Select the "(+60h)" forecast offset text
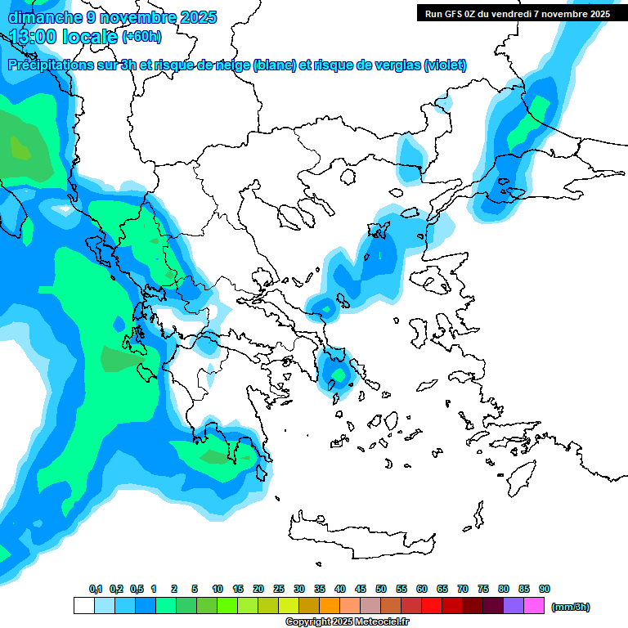click(x=141, y=37)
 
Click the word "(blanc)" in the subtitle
click(x=275, y=65)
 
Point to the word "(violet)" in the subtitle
click(x=446, y=65)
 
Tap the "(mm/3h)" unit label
click(x=571, y=607)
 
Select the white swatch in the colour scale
click(x=83, y=606)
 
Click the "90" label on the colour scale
click(x=545, y=589)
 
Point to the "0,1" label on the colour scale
click(x=96, y=589)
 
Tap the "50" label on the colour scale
click(x=381, y=589)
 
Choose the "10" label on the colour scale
click(x=218, y=589)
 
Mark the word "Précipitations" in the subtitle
click(x=49, y=65)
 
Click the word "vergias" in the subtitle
click(x=395, y=65)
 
